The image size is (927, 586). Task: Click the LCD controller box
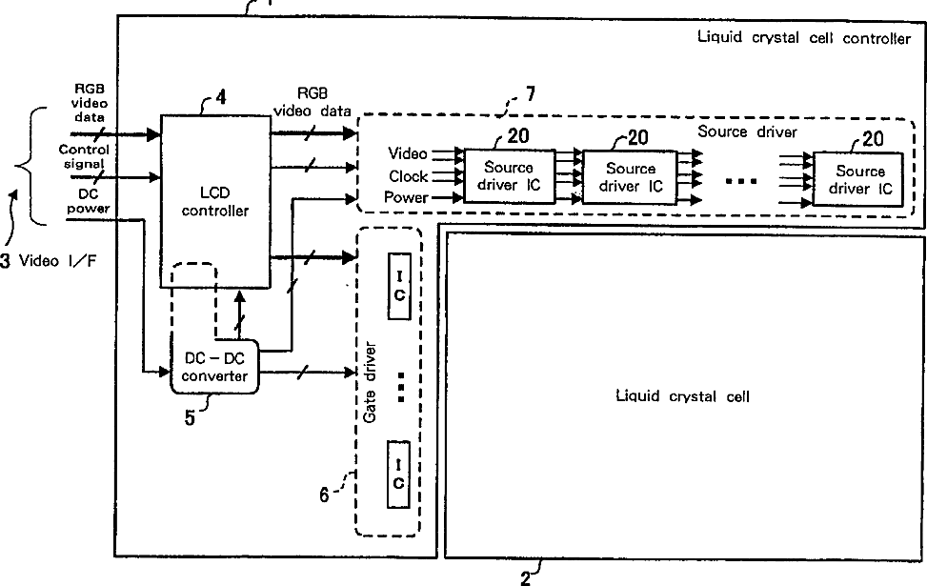point(215,201)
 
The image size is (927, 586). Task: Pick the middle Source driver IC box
point(630,176)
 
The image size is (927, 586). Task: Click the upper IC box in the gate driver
point(398,287)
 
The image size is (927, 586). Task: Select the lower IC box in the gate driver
point(398,475)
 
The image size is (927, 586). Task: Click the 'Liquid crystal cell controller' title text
point(804,38)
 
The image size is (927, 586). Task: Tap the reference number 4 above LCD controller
point(221,95)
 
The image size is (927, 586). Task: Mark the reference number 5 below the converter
point(191,416)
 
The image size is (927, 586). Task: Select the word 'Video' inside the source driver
point(409,153)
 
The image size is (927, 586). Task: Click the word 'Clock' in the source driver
point(409,176)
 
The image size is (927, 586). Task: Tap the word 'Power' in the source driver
point(406,198)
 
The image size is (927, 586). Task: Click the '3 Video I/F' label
point(49,262)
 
